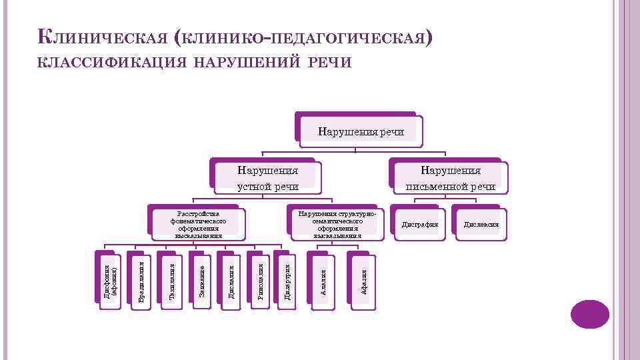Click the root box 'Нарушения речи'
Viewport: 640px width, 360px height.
point(361,131)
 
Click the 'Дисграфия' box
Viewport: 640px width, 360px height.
point(419,224)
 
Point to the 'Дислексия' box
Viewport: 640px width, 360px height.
point(481,224)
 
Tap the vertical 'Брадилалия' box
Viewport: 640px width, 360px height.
point(141,281)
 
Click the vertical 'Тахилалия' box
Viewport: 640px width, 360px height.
point(171,281)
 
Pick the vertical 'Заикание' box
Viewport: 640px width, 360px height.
point(202,281)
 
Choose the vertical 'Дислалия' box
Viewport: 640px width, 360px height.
point(231,281)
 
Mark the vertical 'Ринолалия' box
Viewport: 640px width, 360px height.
point(259,281)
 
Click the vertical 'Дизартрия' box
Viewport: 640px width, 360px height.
point(287,281)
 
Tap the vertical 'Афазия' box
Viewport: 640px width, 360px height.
point(363,281)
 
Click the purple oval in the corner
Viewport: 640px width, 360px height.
point(590,314)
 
